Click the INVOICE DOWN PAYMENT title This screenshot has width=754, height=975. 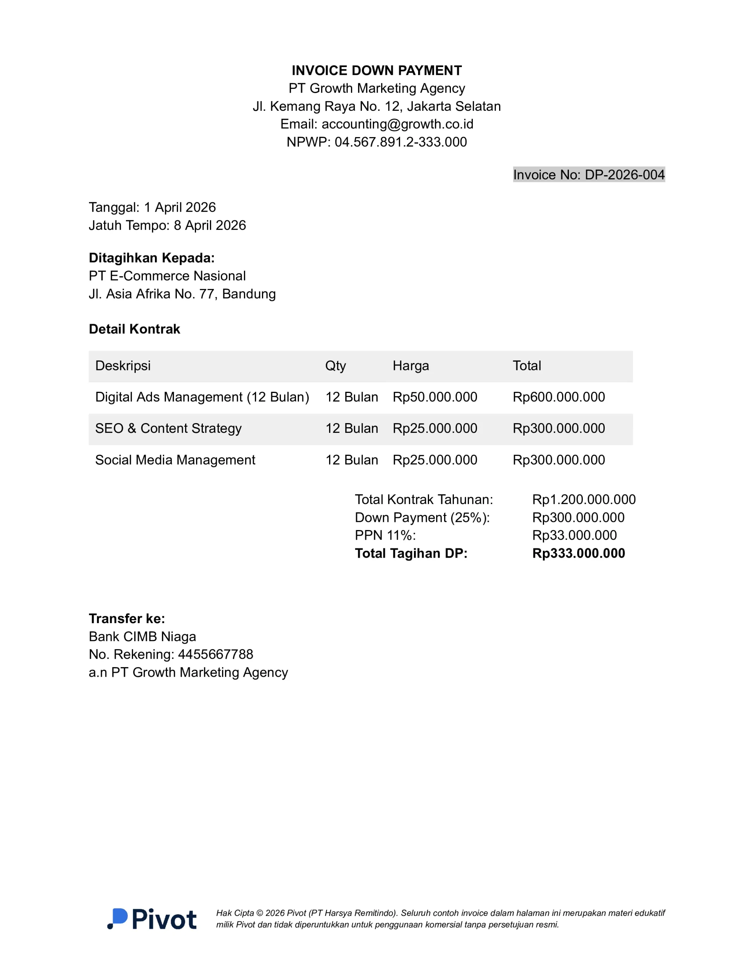pyautogui.click(x=377, y=70)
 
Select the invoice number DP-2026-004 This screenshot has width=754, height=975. pyautogui.click(x=624, y=174)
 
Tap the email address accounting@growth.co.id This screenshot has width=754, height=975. pyautogui.click(x=397, y=124)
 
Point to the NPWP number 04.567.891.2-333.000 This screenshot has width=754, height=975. pyautogui.click(x=400, y=142)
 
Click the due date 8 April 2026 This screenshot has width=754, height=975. pyautogui.click(x=210, y=225)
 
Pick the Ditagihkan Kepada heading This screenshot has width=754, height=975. pyautogui.click(x=152, y=258)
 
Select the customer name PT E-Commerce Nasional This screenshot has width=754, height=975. pyautogui.click(x=167, y=276)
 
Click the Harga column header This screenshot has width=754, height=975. pyautogui.click(x=411, y=365)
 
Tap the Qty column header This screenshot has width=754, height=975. pyautogui.click(x=336, y=365)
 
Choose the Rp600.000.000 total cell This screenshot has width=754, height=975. pyautogui.click(x=558, y=397)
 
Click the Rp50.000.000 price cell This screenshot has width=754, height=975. pyautogui.click(x=435, y=397)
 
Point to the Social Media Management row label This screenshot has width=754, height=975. pyautogui.click(x=175, y=460)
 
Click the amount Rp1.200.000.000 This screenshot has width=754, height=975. pyautogui.click(x=583, y=500)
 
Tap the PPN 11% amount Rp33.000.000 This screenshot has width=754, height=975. pyautogui.click(x=574, y=535)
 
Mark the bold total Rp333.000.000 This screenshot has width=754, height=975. pyautogui.click(x=578, y=553)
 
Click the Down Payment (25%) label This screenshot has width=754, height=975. pyautogui.click(x=422, y=517)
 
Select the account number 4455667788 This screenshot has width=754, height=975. pyautogui.click(x=215, y=654)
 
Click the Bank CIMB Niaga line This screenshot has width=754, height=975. pyautogui.click(x=142, y=637)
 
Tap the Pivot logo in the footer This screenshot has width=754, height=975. pyautogui.click(x=152, y=919)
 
